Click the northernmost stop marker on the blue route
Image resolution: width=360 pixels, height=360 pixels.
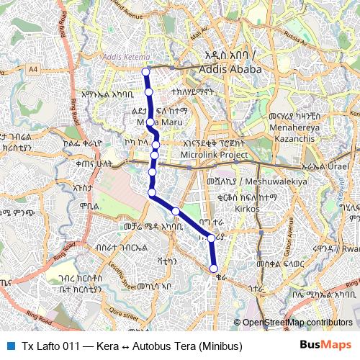146,71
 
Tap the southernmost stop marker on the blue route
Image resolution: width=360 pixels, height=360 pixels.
214,269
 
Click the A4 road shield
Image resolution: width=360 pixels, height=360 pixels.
32,68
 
